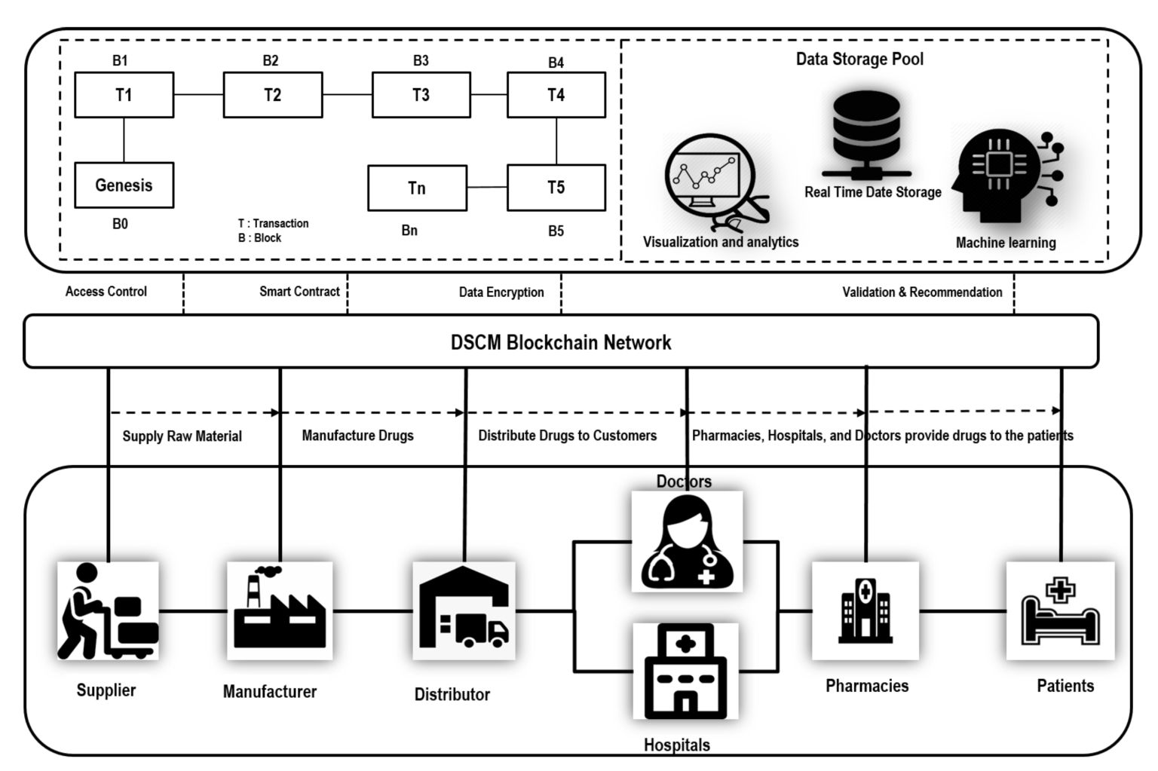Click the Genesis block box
click(x=124, y=185)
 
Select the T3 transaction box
click(x=421, y=95)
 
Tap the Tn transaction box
click(x=417, y=188)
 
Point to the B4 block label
click(x=556, y=63)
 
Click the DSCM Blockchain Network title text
click(x=560, y=342)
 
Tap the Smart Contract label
click(x=299, y=292)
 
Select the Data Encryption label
click(x=501, y=292)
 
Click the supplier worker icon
click(x=108, y=610)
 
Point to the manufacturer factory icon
click(x=280, y=610)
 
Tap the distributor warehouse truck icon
click(x=464, y=610)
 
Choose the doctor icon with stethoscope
click(x=687, y=542)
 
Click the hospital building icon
click(x=685, y=671)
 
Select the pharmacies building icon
click(x=865, y=610)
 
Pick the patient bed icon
click(x=1060, y=610)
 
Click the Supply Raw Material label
click(x=182, y=436)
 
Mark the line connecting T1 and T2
click(x=198, y=95)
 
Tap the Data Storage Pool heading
click(x=859, y=59)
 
